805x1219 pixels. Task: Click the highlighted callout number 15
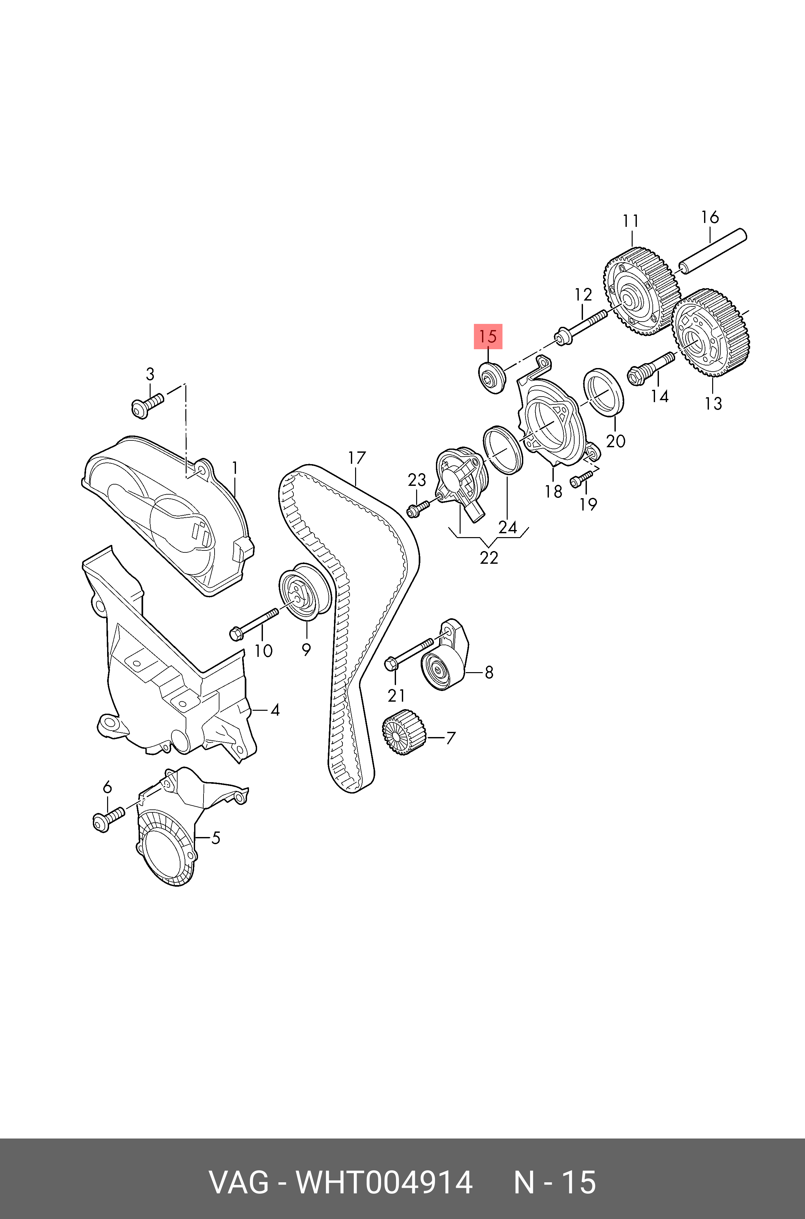tap(488, 337)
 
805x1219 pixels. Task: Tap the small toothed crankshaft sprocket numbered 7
tap(404, 733)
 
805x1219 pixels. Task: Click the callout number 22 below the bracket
tap(489, 557)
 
